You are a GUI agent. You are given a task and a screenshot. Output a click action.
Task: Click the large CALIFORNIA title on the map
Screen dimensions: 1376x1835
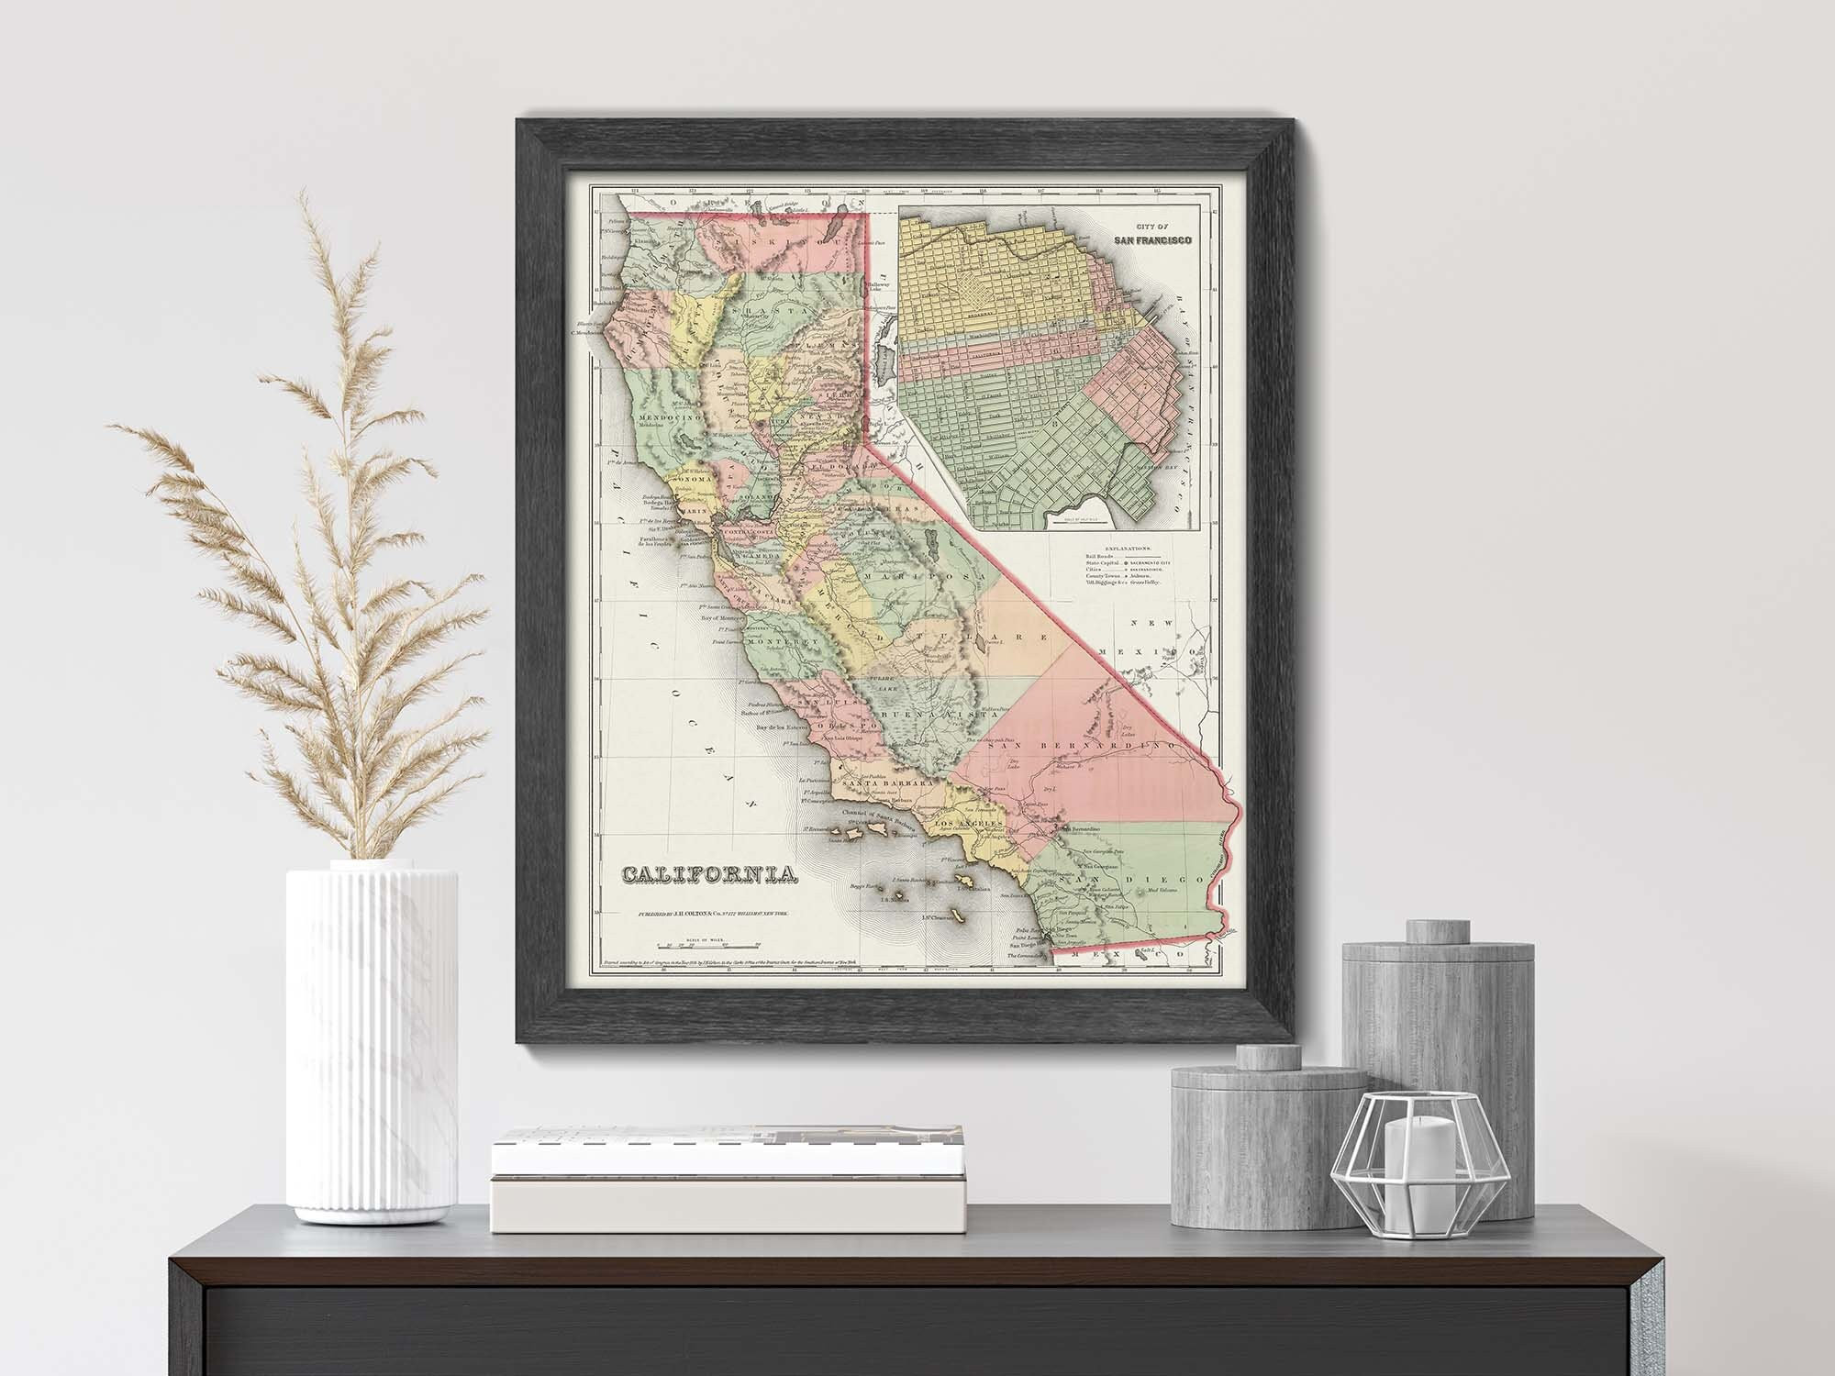click(710, 875)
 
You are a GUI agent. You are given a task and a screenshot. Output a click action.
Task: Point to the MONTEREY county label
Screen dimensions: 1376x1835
click(784, 642)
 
